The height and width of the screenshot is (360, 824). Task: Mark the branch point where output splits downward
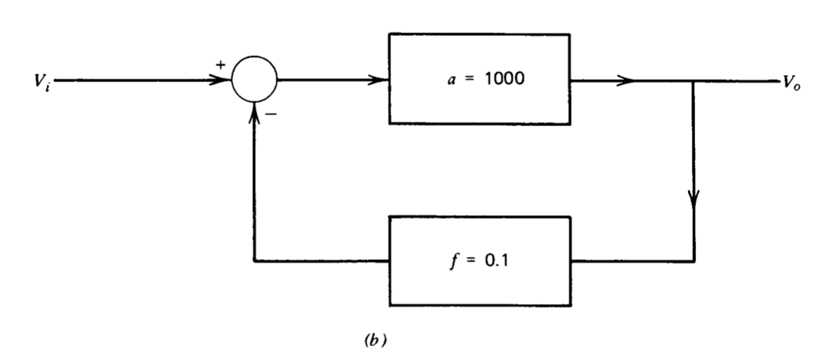tap(694, 80)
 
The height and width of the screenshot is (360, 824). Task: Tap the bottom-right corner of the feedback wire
tap(694, 263)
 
